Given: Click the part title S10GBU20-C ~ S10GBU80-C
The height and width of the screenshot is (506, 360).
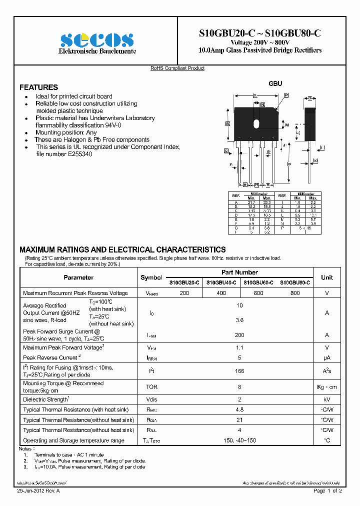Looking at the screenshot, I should [x=260, y=33].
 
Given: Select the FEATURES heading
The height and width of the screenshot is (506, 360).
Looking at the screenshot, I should [x=38, y=87].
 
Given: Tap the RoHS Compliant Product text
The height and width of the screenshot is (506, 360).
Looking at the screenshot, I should [x=177, y=68].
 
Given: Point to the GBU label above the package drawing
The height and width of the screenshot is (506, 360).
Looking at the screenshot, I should [x=275, y=84].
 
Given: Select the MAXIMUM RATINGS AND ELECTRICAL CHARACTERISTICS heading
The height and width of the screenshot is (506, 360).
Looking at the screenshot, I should [x=122, y=249].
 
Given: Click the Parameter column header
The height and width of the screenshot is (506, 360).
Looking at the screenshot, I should [x=78, y=277].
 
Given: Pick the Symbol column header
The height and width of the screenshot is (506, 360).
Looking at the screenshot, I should [x=151, y=277].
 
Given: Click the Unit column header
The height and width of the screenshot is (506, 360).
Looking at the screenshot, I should [x=327, y=277].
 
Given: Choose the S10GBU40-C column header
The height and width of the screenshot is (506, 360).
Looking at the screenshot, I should [x=221, y=282].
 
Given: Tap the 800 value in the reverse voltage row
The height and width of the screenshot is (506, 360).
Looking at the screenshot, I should [x=295, y=293].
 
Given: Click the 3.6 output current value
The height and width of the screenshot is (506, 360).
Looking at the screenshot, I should [x=239, y=320].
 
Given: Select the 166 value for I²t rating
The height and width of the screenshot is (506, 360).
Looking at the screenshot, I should [x=239, y=371].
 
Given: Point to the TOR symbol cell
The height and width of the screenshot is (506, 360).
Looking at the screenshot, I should [x=151, y=387].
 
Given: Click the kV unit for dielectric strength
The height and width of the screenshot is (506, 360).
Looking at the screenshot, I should [x=327, y=399].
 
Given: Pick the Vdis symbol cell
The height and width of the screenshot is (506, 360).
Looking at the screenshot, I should [x=151, y=399].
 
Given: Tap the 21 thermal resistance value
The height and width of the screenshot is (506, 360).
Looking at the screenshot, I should [x=239, y=420].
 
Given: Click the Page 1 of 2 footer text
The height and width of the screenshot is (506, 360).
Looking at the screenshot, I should [x=327, y=491].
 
